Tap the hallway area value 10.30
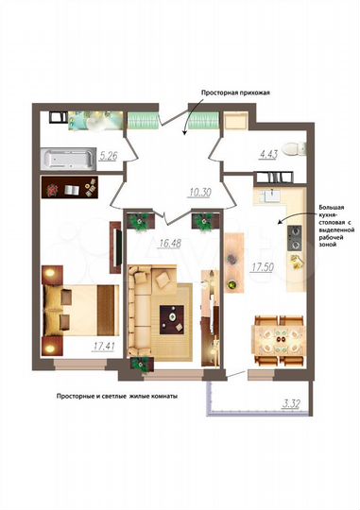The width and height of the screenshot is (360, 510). click(201, 193)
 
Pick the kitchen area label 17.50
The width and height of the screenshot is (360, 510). click(262, 266)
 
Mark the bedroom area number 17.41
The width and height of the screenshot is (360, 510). click(104, 347)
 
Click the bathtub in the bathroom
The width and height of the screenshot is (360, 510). click(67, 158)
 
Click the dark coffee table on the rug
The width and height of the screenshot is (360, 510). click(173, 317)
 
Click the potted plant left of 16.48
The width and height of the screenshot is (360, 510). click(141, 221)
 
